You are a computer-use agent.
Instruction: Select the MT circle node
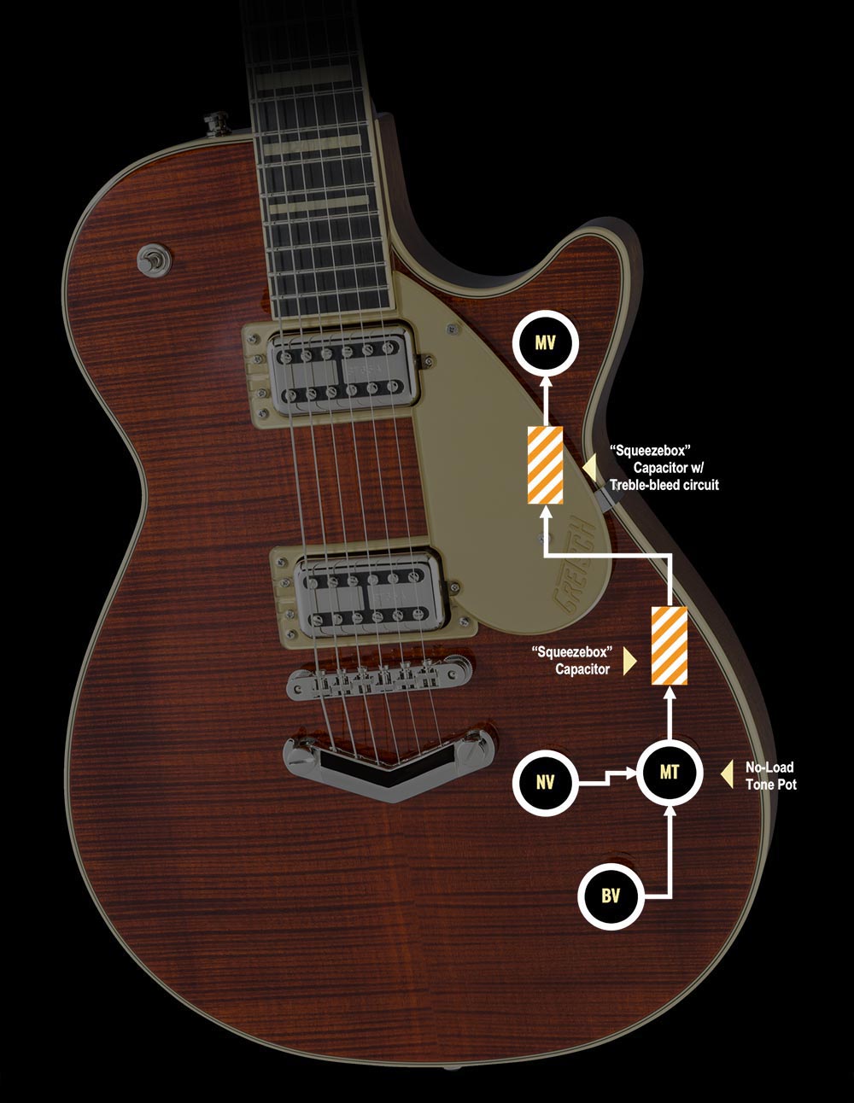point(669,773)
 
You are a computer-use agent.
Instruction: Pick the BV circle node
point(611,896)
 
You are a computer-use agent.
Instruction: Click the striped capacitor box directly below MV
point(544,464)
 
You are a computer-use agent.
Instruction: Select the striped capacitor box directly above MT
point(669,645)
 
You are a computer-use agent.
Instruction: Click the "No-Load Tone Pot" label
point(770,776)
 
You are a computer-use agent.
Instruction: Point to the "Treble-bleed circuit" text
point(664,485)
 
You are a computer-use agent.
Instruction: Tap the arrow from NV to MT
point(607,778)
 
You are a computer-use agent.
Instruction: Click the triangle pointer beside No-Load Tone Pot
point(727,774)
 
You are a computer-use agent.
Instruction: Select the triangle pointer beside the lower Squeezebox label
point(630,660)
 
